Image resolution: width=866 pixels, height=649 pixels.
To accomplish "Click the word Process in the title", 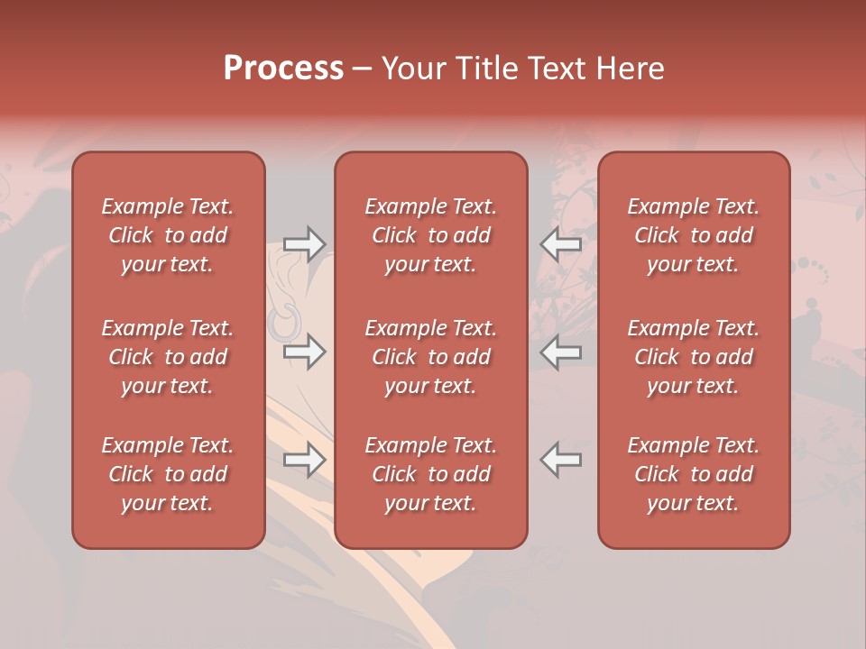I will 283,69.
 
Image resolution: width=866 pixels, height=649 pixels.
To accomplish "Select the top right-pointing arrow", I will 304,243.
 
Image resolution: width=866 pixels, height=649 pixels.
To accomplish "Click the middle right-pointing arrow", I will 304,352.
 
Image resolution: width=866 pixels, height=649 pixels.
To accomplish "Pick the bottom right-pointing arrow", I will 304,460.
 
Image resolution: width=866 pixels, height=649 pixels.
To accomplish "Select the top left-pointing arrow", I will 561,243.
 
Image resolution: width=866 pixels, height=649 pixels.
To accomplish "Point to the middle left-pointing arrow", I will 561,352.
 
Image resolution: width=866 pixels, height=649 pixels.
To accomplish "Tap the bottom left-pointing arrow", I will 561,460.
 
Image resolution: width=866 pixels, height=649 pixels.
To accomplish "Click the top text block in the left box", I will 168,235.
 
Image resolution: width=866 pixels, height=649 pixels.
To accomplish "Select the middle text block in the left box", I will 168,357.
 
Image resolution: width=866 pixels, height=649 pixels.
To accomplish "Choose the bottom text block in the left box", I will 168,474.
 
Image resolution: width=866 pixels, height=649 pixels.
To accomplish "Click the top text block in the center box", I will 430,235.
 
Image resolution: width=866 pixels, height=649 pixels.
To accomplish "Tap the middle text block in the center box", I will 430,357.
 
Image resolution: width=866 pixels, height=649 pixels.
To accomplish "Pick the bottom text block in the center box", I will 430,474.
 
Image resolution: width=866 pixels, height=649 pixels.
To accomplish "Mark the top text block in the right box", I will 693,235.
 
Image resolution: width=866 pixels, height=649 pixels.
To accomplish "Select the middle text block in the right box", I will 693,357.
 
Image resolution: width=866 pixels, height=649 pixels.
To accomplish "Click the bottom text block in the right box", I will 693,474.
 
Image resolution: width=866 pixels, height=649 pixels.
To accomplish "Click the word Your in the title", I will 412,69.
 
